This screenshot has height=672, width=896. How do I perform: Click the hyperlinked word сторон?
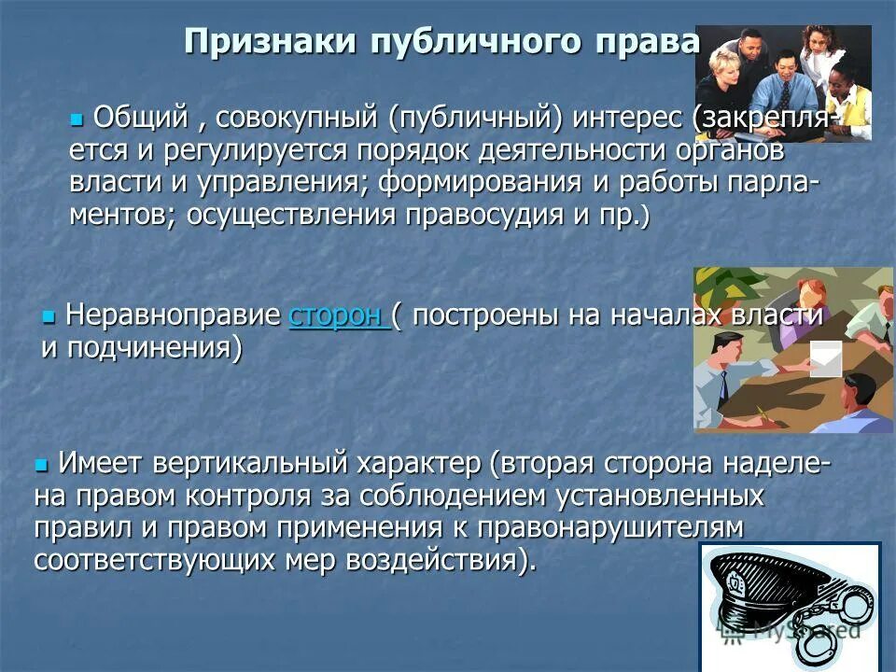(337, 315)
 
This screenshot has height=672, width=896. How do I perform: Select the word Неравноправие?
(174, 315)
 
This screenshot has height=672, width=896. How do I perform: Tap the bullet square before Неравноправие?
(49, 316)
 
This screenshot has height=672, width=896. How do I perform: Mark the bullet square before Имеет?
(40, 463)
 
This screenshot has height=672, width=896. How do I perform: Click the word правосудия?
(489, 217)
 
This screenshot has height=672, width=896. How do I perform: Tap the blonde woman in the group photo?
(727, 78)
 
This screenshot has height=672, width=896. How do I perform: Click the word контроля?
(245, 496)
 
